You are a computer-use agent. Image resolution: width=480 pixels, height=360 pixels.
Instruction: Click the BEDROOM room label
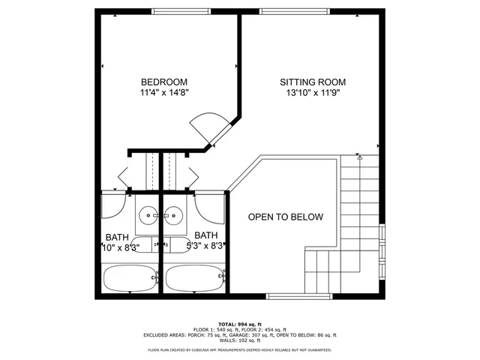click(163, 82)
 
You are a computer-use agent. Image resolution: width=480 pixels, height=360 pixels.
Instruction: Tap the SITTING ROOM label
click(313, 82)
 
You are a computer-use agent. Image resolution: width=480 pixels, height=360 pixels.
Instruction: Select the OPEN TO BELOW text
click(286, 217)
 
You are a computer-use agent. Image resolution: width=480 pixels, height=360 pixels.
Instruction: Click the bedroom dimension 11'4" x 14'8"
click(163, 94)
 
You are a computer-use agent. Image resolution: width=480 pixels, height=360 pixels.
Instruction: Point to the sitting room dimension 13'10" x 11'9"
click(313, 94)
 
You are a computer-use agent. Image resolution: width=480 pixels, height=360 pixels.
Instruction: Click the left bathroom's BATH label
click(116, 235)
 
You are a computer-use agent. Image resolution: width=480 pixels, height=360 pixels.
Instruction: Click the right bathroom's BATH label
click(206, 235)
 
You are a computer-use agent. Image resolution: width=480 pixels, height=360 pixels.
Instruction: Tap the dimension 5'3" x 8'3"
click(206, 245)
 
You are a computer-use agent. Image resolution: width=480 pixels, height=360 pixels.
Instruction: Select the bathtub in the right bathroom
click(194, 278)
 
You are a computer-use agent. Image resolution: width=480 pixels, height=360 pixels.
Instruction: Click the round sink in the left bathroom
click(148, 216)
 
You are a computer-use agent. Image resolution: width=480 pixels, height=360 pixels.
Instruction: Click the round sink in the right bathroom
click(174, 216)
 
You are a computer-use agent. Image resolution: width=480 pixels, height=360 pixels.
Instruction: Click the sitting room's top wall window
click(294, 12)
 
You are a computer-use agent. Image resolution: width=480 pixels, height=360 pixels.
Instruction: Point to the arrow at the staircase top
click(359, 158)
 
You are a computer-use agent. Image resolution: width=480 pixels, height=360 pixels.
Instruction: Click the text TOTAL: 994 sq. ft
click(239, 322)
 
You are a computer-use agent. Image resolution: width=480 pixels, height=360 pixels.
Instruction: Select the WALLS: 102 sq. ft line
click(239, 342)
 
